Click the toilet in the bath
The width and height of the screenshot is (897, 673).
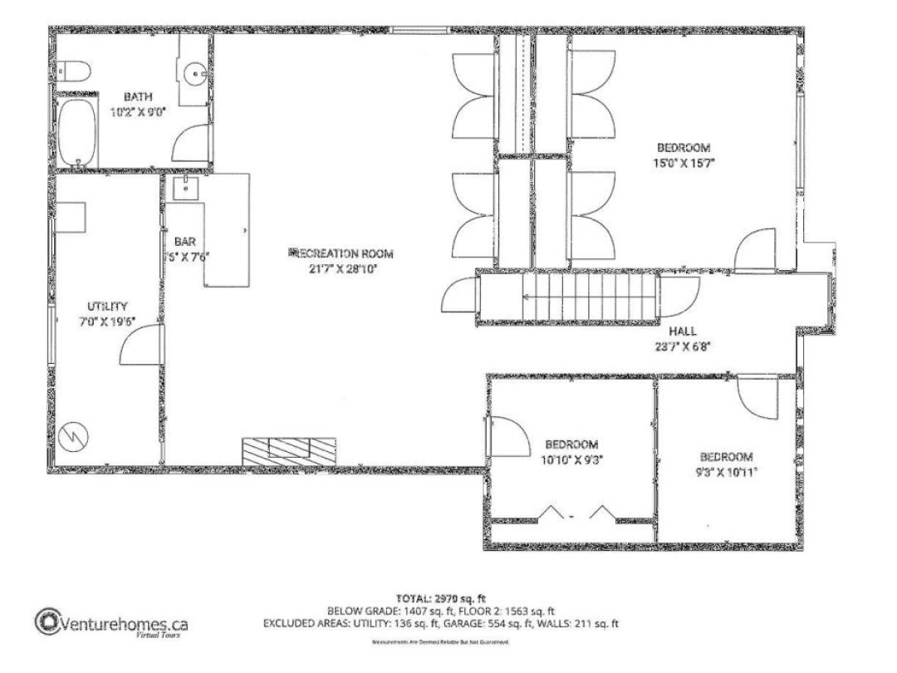pyautogui.click(x=74, y=71)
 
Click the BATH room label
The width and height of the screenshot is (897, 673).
pyautogui.click(x=139, y=96)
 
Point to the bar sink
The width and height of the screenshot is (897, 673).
pyautogui.click(x=185, y=188)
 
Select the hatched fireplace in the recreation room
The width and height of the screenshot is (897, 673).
pyautogui.click(x=288, y=449)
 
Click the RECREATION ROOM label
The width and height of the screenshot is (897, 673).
pyautogui.click(x=341, y=253)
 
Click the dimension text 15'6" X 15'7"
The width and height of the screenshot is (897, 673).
pyautogui.click(x=684, y=163)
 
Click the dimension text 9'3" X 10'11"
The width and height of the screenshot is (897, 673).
pyautogui.click(x=726, y=471)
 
